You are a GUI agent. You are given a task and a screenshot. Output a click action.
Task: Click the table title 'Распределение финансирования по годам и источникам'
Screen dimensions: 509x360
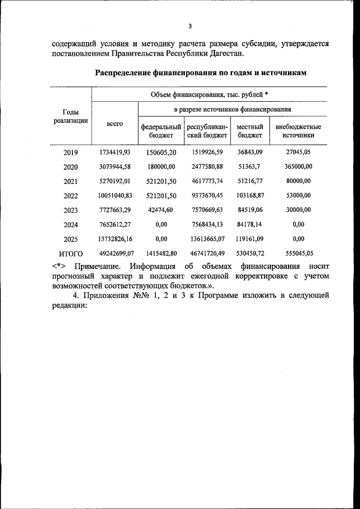tap(200, 73)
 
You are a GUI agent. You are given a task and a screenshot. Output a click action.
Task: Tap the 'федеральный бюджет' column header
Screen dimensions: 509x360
tap(161, 131)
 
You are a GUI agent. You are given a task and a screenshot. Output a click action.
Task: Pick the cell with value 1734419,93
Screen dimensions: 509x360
tap(115, 152)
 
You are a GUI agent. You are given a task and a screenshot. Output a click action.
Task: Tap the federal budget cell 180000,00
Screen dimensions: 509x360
tap(161, 166)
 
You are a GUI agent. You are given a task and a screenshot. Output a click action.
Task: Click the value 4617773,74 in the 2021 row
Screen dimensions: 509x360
tap(205, 181)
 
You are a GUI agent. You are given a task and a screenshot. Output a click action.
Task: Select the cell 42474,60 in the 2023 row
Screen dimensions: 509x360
tap(161, 210)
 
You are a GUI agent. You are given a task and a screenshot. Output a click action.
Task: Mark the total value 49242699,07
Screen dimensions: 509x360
tap(115, 254)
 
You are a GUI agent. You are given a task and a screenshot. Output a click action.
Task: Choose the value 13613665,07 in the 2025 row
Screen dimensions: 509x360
tap(205, 239)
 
